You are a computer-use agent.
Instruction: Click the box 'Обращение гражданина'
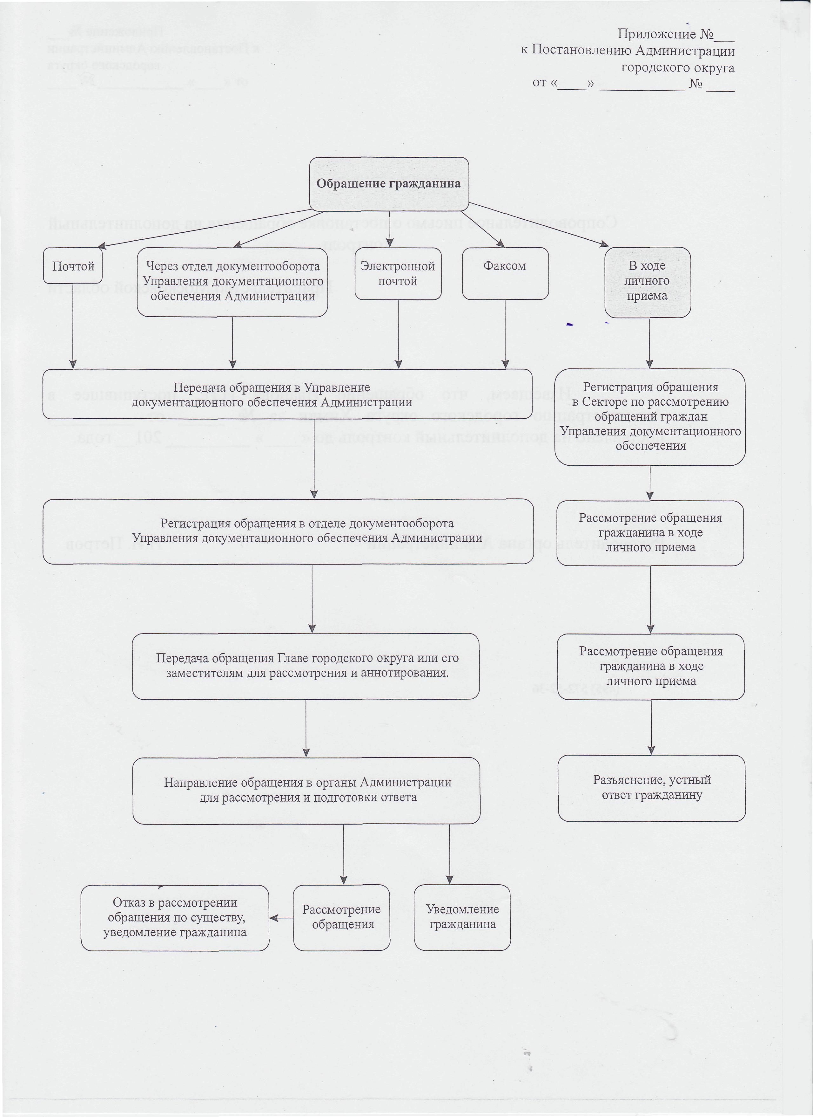389,184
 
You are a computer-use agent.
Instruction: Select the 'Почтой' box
73,266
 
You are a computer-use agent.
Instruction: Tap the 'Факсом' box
505,273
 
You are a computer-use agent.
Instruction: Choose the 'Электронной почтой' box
398,273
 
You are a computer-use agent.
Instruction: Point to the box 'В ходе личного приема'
648,282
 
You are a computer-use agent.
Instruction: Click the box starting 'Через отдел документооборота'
232,282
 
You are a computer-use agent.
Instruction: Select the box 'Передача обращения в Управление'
287,394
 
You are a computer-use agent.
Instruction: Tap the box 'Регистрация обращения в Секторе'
650,417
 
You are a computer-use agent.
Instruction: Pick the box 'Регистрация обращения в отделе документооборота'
288,531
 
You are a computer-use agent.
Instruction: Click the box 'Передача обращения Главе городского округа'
306,666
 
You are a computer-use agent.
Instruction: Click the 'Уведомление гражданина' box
463,917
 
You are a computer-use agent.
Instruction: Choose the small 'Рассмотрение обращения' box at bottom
341,917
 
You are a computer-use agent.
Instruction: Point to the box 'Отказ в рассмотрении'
175,917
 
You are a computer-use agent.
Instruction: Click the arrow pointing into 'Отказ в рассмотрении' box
281,918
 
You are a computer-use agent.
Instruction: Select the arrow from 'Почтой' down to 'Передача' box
73,326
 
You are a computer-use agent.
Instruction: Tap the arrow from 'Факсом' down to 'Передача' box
505,334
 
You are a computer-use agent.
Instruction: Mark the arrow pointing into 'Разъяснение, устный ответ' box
652,727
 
